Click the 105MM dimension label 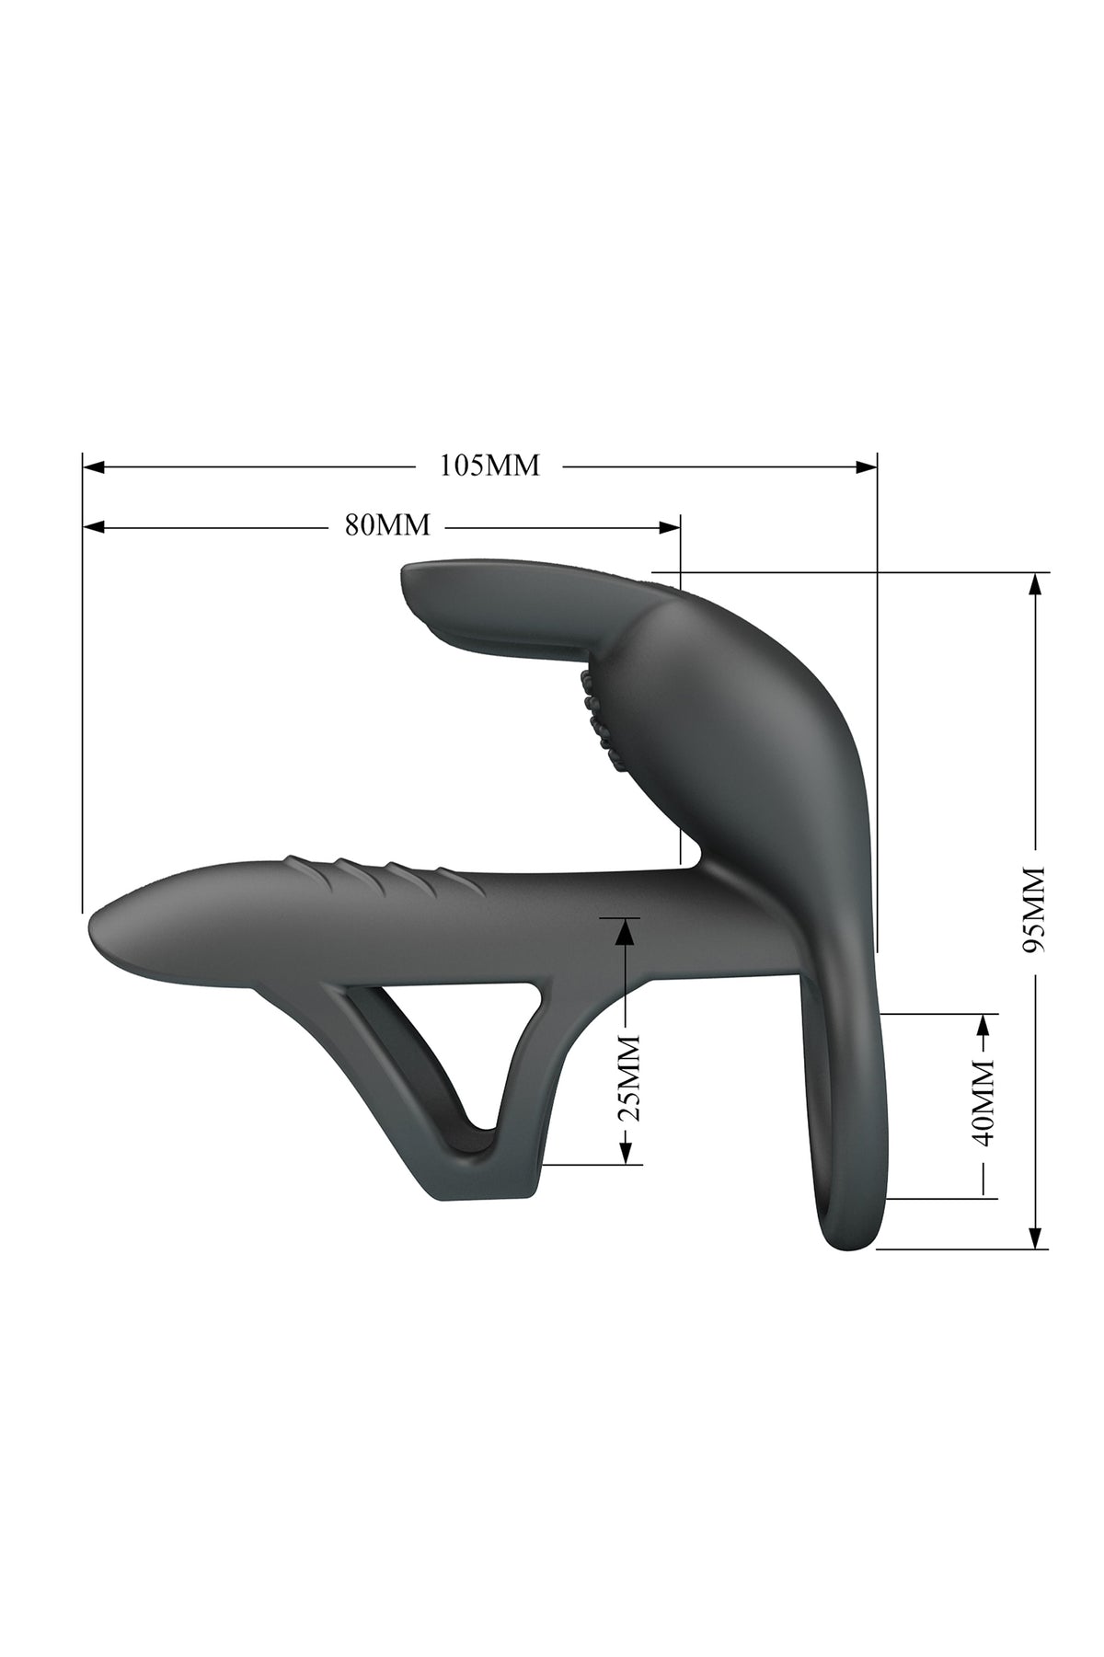489,466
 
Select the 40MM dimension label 984,1101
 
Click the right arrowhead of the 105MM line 866,466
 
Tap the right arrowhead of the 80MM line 670,526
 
